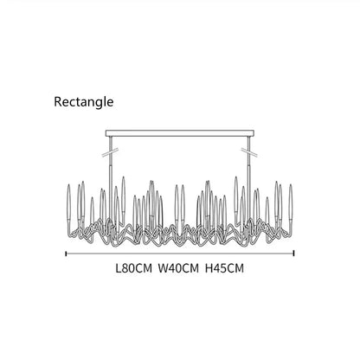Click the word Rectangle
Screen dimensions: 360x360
(x=84, y=102)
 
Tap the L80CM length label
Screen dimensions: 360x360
(x=133, y=268)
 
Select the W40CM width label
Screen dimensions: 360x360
(x=178, y=268)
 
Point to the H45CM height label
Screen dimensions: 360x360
(x=224, y=268)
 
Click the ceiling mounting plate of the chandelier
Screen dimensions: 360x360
(x=180, y=133)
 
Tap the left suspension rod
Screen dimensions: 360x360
(x=111, y=179)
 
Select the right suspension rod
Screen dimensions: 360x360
(x=249, y=179)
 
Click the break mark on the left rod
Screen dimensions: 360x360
(x=111, y=152)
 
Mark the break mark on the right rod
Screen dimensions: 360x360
(x=249, y=152)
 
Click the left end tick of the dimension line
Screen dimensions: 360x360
(x=67, y=254)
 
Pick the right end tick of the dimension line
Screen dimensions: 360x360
(x=293, y=254)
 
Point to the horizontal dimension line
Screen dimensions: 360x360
(x=180, y=254)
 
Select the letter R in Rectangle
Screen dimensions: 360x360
(x=58, y=102)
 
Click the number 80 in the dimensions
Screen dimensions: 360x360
(x=127, y=268)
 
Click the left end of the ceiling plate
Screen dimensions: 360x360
(x=106, y=133)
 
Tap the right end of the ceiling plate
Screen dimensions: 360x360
(x=254, y=133)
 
